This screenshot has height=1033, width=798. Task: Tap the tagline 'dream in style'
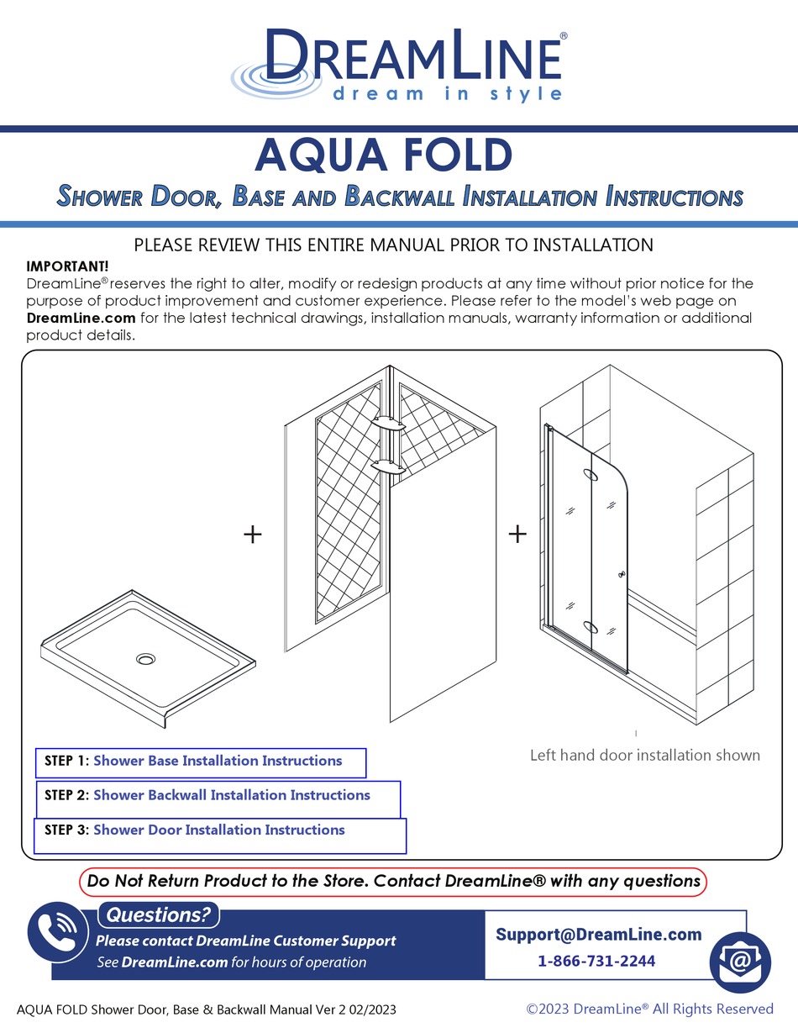click(447, 93)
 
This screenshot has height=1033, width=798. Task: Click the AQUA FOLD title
click(383, 155)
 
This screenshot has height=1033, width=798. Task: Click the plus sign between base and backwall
click(252, 534)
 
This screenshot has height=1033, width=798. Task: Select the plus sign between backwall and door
click(517, 534)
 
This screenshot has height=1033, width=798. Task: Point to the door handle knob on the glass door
click(622, 575)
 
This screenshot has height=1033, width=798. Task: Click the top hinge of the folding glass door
click(591, 477)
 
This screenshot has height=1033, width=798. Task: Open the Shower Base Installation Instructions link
click(218, 761)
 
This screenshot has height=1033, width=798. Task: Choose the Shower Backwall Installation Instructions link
click(231, 795)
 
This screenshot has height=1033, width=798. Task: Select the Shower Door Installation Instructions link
click(218, 830)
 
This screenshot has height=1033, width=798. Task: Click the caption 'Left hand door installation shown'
click(644, 755)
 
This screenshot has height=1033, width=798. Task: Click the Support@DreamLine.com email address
click(598, 935)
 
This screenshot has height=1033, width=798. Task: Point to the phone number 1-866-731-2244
click(596, 962)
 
